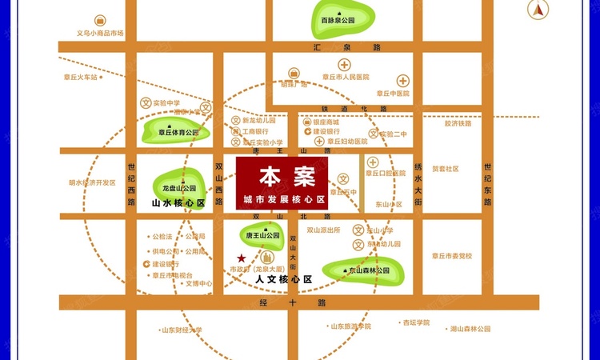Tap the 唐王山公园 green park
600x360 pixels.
(262, 234)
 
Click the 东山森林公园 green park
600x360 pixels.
(367, 269)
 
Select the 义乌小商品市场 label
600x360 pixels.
(100, 34)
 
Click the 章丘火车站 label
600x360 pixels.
(81, 78)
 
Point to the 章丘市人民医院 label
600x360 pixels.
(346, 78)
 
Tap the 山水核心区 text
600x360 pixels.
(178, 203)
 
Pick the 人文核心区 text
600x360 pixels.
(282, 279)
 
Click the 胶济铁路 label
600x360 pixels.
(458, 123)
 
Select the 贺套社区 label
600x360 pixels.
(446, 169)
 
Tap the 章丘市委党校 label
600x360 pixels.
(452, 256)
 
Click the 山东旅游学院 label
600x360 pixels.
(350, 326)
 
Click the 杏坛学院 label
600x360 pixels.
(416, 322)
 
